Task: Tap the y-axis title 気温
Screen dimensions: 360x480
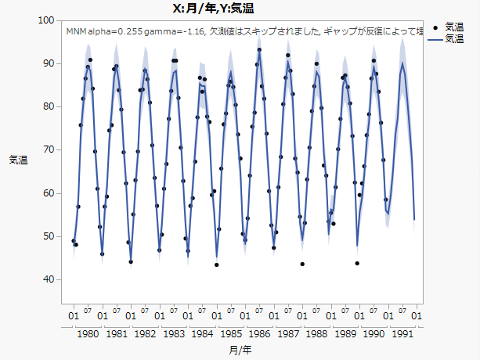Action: coord(18,160)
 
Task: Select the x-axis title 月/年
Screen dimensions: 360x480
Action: coord(242,349)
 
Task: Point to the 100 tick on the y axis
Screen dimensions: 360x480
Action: coord(45,20)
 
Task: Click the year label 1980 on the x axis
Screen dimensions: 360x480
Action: coord(88,333)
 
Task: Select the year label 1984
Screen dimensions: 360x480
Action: coord(202,333)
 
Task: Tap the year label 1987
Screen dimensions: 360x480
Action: coord(288,333)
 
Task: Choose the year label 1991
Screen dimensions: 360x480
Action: coord(402,333)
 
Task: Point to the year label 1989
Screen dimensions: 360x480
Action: coord(345,333)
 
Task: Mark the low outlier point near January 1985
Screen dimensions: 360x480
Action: coord(217,265)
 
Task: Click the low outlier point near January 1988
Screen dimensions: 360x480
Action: coord(302,264)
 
